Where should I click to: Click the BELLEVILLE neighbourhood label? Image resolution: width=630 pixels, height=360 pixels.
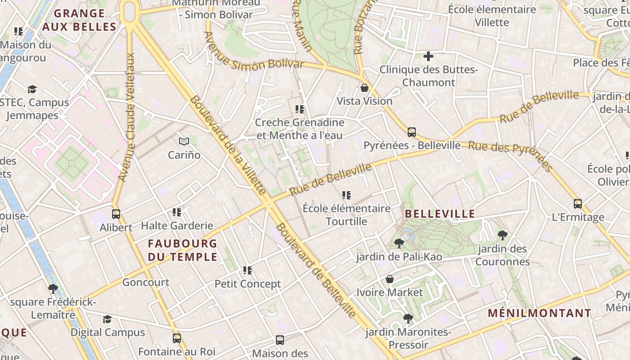pyautogui.click(x=440, y=214)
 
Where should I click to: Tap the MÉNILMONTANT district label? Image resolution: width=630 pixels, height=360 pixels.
pyautogui.click(x=540, y=313)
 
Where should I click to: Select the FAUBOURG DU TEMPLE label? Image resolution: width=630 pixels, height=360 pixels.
pyautogui.click(x=183, y=250)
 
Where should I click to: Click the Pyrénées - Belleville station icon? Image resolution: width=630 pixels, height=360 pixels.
pyautogui.click(x=412, y=132)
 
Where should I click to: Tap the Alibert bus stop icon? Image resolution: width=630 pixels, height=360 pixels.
pyautogui.click(x=116, y=214)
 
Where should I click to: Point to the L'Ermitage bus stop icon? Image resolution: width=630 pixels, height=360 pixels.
pyautogui.click(x=578, y=204)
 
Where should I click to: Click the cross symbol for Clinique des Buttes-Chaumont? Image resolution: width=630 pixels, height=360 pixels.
pyautogui.click(x=428, y=56)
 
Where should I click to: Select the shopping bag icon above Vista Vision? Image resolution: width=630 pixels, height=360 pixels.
pyautogui.click(x=364, y=88)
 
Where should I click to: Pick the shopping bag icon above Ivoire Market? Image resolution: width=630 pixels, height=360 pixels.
pyautogui.click(x=390, y=279)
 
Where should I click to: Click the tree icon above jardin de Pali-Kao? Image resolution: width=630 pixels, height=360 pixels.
pyautogui.click(x=399, y=243)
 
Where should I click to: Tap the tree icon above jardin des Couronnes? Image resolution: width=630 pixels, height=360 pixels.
pyautogui.click(x=502, y=235)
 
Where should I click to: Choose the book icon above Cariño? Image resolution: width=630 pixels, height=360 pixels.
pyautogui.click(x=184, y=142)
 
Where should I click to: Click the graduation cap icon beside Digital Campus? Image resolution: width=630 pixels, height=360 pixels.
pyautogui.click(x=107, y=319)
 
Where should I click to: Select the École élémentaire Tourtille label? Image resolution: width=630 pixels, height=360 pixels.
pyautogui.click(x=346, y=215)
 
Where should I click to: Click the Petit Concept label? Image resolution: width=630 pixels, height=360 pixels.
pyautogui.click(x=247, y=284)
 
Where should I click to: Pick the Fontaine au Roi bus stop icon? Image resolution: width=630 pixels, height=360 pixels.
pyautogui.click(x=177, y=338)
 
